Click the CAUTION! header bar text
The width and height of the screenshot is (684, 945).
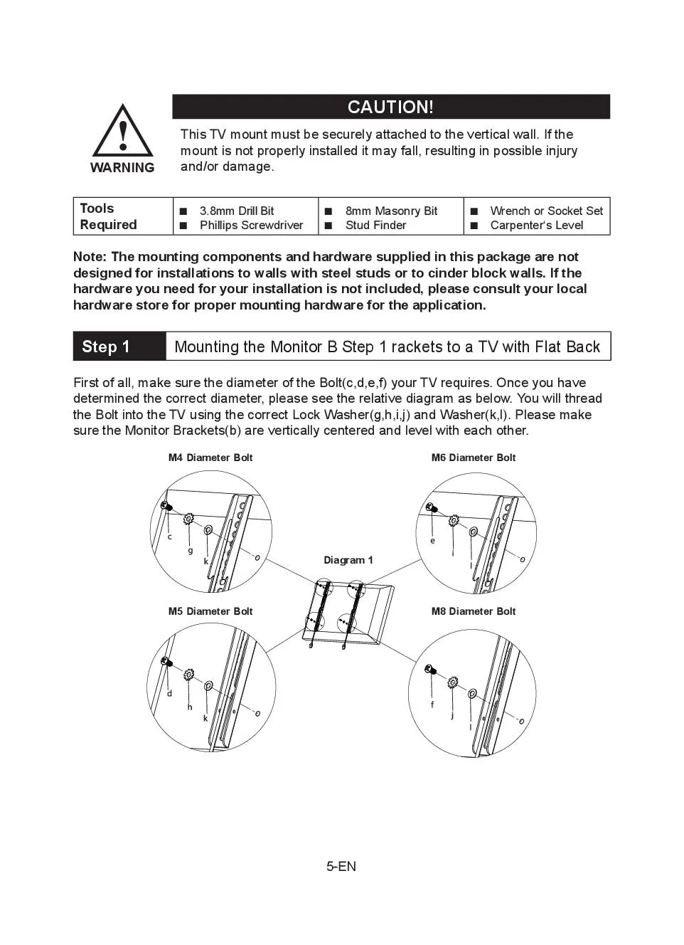[x=390, y=107]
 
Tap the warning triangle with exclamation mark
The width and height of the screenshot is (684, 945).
[x=123, y=133]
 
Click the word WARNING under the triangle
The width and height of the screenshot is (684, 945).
[x=122, y=168]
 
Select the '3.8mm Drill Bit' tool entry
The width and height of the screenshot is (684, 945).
[x=236, y=211]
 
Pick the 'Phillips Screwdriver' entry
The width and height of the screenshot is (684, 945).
[x=251, y=225]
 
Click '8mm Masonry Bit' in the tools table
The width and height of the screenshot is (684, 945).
[x=391, y=211]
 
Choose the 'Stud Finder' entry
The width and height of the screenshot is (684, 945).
[x=375, y=225]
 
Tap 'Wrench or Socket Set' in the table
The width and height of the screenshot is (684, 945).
[x=546, y=211]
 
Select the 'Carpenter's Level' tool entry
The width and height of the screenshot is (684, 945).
[x=536, y=225]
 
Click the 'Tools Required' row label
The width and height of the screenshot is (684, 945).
[x=108, y=216]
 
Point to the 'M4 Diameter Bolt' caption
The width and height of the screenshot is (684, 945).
[x=210, y=458]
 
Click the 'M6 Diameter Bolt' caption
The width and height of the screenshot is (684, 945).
[x=474, y=458]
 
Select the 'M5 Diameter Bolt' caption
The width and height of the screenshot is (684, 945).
[x=210, y=611]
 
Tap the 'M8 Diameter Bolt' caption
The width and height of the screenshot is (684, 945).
[x=474, y=611]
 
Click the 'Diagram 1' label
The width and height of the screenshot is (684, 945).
[x=348, y=560]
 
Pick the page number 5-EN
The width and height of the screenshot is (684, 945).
[x=341, y=866]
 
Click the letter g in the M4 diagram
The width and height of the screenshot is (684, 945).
[x=191, y=550]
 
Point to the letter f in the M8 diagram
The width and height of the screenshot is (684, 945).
[x=432, y=704]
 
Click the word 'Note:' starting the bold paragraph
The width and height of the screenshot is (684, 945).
[x=90, y=257]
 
